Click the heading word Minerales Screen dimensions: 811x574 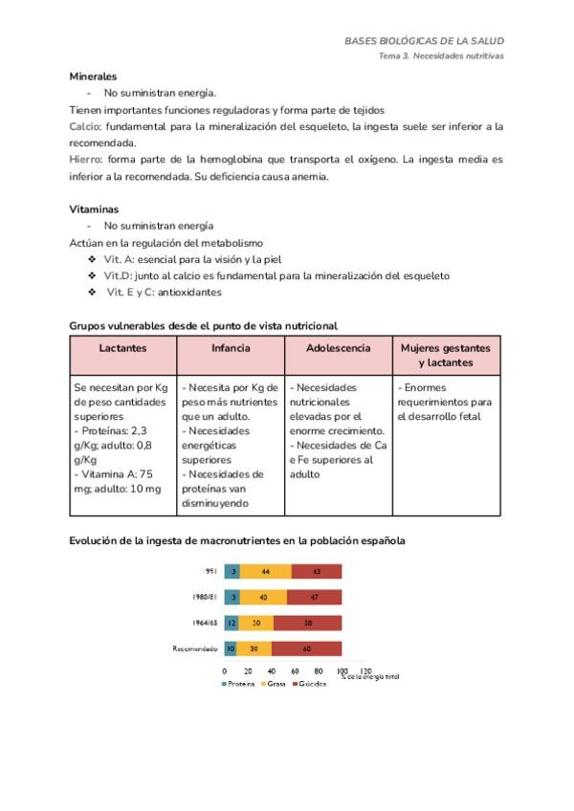94,75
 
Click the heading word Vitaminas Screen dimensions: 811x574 94,208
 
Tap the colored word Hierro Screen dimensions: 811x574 87,160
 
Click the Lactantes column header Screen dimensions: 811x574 122,348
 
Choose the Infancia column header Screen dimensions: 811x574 231,348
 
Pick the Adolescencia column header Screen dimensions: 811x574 338,348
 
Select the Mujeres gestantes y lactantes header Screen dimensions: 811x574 446,355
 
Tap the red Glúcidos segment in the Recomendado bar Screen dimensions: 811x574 306,647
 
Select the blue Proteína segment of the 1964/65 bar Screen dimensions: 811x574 232,622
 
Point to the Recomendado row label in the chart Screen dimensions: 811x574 195,648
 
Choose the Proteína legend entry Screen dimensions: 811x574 238,686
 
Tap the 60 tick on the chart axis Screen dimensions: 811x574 294,671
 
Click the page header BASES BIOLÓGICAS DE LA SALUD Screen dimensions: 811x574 424,41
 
